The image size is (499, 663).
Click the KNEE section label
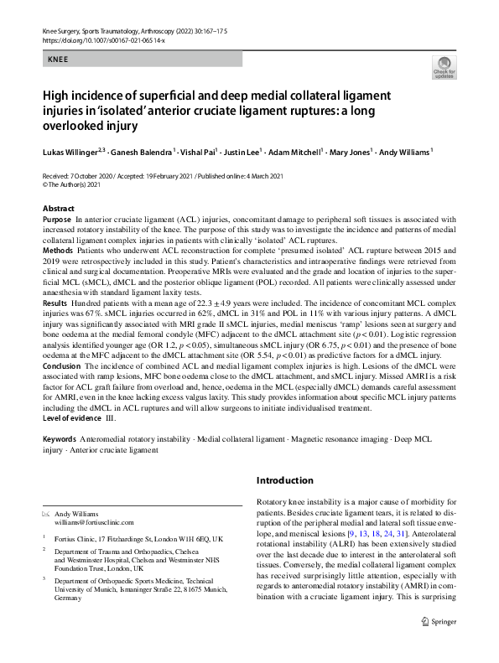pos(58,60)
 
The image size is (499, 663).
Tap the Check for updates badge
pos(443,68)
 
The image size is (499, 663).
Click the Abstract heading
pos(58,209)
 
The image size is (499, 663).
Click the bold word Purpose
pos(56,218)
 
